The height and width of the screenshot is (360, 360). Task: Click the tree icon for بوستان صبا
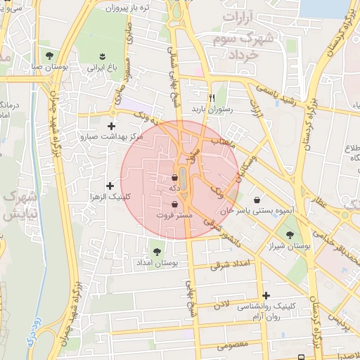49,56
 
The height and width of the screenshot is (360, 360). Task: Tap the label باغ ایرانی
96,69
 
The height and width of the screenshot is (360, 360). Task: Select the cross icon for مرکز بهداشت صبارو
110,126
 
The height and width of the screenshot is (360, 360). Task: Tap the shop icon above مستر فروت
174,204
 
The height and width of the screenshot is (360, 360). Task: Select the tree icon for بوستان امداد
156,251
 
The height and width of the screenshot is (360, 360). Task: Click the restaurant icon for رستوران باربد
212,98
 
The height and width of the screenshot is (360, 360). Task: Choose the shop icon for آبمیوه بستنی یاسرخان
256,199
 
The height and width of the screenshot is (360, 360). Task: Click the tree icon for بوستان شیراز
290,236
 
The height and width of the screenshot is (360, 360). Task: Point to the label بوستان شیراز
289,247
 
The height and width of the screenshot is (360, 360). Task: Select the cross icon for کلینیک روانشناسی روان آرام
265,295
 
